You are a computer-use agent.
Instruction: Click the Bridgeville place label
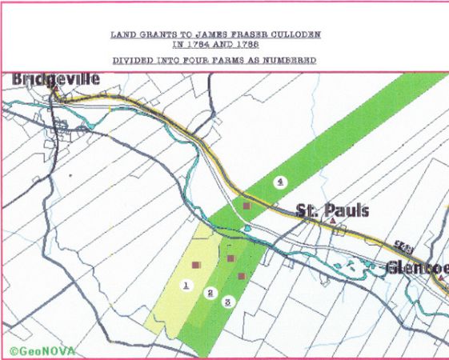click(x=55, y=80)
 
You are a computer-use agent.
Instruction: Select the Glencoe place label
click(x=417, y=267)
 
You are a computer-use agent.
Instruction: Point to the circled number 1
click(x=186, y=285)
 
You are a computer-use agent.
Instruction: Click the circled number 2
click(x=210, y=293)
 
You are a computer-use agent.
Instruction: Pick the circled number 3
click(x=227, y=302)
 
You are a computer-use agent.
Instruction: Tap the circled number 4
click(x=279, y=182)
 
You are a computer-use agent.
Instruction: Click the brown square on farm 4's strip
click(x=247, y=206)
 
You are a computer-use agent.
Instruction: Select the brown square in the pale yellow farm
click(x=196, y=263)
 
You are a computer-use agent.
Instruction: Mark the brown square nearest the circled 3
click(x=241, y=276)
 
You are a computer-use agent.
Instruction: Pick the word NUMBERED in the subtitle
click(x=295, y=61)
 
